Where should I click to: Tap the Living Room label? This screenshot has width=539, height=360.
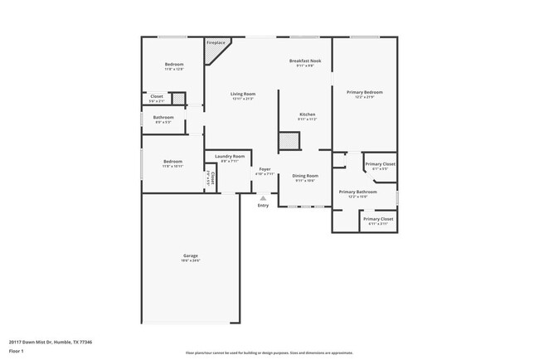coord(243,94)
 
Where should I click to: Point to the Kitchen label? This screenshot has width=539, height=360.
coord(307,114)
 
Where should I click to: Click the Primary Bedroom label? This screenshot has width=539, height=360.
coord(365,91)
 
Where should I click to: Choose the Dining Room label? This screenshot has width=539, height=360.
coord(305,175)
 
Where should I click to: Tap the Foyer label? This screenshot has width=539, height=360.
coord(265,168)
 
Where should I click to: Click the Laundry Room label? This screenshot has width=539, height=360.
coord(229,156)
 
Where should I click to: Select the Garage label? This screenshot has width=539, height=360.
coord(191,255)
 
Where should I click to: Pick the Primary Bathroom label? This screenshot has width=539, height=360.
coord(357,192)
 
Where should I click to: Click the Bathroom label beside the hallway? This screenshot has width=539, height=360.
coord(163,117)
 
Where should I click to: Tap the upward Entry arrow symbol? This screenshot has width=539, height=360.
coord(263,197)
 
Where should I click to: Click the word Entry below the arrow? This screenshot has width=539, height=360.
coord(263,205)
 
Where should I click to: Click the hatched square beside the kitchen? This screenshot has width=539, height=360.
coord(289,142)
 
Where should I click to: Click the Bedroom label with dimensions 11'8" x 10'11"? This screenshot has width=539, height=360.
coord(172,161)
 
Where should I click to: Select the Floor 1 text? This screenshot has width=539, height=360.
coord(17,352)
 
